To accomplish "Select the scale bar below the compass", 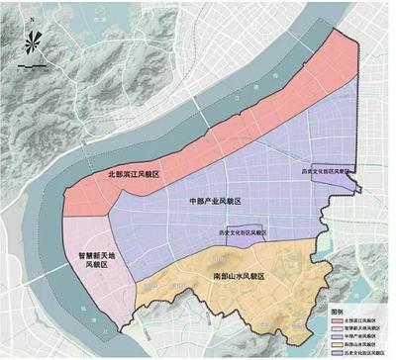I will click(31, 66).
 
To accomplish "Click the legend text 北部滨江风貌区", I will click(365, 320).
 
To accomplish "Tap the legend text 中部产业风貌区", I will click(365, 336).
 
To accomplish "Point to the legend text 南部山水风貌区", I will click(365, 344).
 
